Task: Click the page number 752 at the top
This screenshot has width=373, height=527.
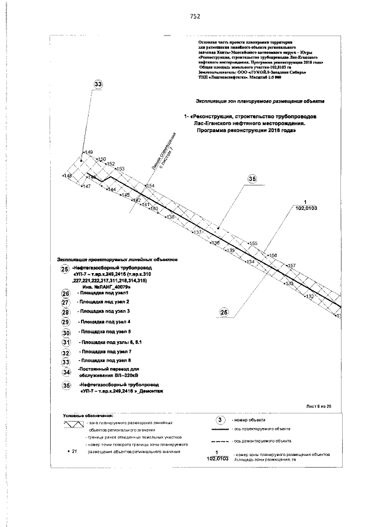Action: (x=195, y=16)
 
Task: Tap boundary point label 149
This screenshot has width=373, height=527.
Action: (x=89, y=153)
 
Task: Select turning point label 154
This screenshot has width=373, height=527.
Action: (x=150, y=186)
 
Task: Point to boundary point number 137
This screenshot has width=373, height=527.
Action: (x=198, y=232)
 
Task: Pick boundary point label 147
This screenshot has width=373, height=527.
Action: (x=86, y=186)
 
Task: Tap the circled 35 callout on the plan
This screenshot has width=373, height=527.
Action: (x=252, y=179)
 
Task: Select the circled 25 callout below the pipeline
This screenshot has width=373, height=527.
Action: (x=224, y=313)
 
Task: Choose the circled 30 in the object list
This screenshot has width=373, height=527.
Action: (x=66, y=333)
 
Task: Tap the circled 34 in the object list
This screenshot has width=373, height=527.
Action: (x=66, y=372)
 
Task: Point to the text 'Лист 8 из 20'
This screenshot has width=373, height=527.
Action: (x=318, y=406)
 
